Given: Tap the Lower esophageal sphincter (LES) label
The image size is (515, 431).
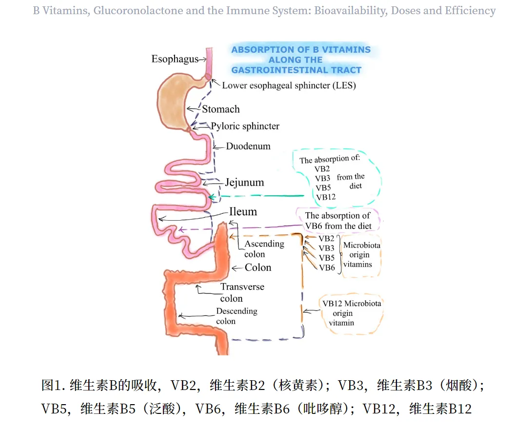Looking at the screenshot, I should pos(289,85).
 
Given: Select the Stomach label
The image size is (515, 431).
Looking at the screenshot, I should pos(221,109).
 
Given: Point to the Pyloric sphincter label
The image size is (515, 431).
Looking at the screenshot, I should pos(245,126).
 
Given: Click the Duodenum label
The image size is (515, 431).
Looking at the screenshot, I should pos(248,146).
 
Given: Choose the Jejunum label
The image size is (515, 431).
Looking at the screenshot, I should pos(244,183).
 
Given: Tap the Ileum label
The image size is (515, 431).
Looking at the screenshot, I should pos(243,212).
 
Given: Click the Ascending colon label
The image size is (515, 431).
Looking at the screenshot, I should pos(264,248).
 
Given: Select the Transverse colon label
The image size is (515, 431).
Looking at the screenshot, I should pos(242,292).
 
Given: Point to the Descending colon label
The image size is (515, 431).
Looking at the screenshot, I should pos(237,316).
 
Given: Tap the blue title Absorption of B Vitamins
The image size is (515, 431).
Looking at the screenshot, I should pos(300,60).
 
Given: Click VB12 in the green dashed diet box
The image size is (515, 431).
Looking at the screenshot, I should pos(325,197).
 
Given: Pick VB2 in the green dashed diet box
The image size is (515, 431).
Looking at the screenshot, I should pos(322,169).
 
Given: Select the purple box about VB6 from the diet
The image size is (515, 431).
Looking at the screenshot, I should pos(338,221).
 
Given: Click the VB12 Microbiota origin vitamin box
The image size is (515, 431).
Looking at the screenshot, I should pos(351,313).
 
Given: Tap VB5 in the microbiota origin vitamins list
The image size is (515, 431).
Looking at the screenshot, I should pos(327,258).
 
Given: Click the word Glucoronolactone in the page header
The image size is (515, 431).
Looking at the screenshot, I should pos(138,11).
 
